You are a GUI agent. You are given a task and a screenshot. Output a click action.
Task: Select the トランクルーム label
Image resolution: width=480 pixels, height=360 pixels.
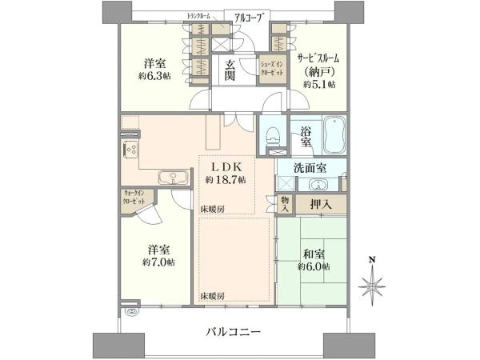click(198, 16)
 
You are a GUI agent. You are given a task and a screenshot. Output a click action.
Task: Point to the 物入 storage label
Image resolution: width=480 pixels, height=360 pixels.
click(285, 203)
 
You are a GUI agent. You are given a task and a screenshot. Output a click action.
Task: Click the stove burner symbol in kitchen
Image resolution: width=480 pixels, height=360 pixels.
click(130, 148)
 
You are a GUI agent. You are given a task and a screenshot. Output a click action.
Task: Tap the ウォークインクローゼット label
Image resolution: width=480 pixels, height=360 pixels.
click(134, 197)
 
